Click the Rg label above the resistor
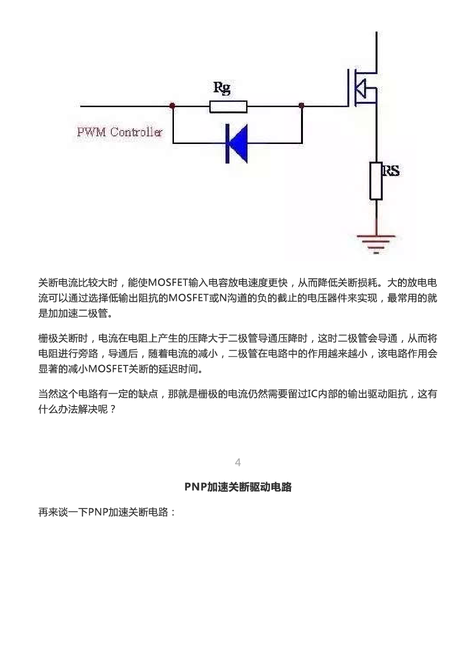[x=222, y=88]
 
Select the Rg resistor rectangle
[x=228, y=107]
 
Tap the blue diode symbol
[x=237, y=143]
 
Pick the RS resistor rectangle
[x=376, y=181]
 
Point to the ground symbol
[x=376, y=244]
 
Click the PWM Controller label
[x=120, y=132]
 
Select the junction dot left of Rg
[x=172, y=105]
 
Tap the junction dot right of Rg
[x=302, y=105]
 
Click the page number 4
[x=238, y=462]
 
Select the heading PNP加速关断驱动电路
[x=238, y=487]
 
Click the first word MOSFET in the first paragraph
[x=168, y=283]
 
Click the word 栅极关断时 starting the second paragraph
[x=63, y=339]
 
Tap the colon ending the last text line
[x=172, y=513]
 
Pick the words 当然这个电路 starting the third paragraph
[x=68, y=394]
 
